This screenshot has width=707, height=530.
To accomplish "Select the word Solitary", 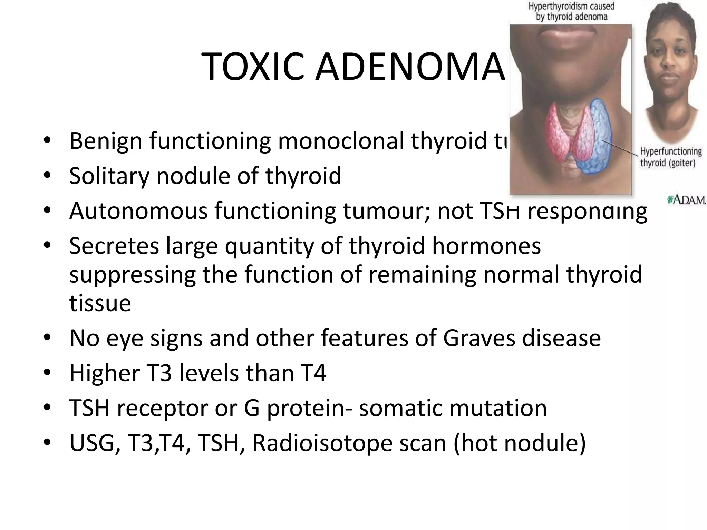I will click(x=109, y=176).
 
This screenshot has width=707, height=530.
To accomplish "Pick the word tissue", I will click(x=100, y=303).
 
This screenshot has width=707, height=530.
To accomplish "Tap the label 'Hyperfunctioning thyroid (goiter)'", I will click(x=671, y=157).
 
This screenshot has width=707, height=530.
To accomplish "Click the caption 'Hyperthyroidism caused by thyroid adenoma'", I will click(x=571, y=11).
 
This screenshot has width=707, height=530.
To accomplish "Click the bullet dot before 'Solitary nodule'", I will click(x=47, y=176).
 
